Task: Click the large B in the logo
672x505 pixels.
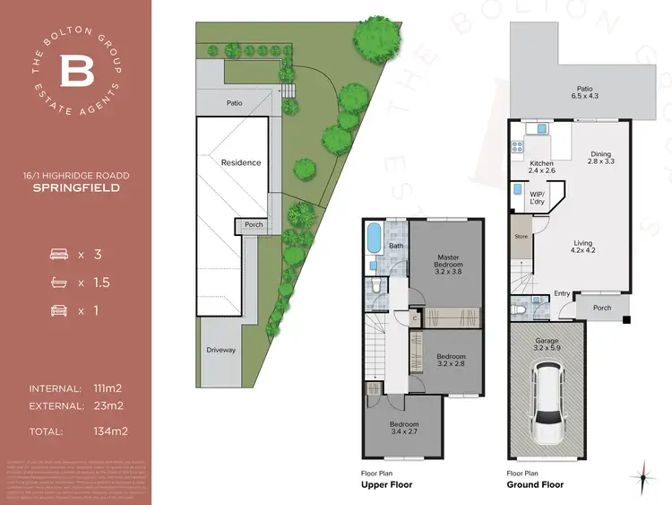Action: (75, 70)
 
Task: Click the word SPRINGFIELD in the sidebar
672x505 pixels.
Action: (75, 188)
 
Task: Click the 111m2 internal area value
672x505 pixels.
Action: (107, 388)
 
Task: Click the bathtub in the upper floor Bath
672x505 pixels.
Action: (374, 239)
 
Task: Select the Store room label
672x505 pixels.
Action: (520, 238)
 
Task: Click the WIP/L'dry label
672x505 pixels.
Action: (538, 197)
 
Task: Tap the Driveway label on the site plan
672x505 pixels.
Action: (220, 350)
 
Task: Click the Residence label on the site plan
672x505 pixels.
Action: (241, 162)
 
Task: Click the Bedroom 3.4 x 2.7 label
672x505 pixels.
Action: (404, 429)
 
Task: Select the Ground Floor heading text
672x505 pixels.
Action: (535, 484)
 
